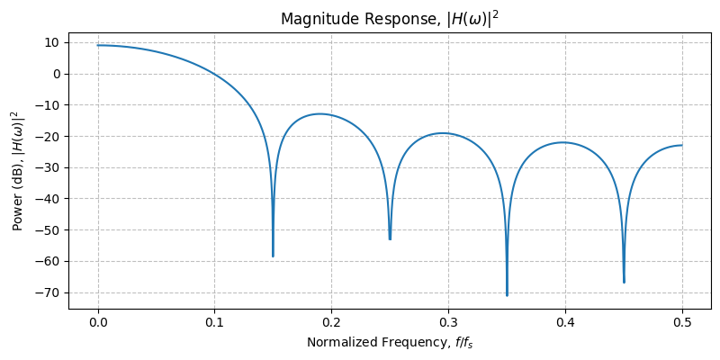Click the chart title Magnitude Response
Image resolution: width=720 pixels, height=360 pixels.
(390, 19)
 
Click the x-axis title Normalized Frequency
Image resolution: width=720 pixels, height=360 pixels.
(390, 342)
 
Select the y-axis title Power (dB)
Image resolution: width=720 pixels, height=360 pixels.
(15, 170)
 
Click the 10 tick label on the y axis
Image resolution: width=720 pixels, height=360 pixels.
(53, 42)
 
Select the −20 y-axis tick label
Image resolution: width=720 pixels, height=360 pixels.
(49, 136)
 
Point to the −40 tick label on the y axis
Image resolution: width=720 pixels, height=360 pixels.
(49, 199)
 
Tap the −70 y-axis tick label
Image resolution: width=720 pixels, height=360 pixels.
(49, 292)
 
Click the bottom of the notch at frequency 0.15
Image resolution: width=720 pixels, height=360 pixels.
(273, 256)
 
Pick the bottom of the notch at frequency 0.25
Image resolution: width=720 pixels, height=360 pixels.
(390, 239)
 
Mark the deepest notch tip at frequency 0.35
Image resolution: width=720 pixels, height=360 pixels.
(507, 295)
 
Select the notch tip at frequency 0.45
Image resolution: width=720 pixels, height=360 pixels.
(624, 283)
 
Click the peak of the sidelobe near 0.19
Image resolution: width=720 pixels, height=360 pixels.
(319, 114)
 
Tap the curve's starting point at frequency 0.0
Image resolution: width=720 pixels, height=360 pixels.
(98, 45)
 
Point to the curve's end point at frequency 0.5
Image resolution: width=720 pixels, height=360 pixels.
(682, 145)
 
